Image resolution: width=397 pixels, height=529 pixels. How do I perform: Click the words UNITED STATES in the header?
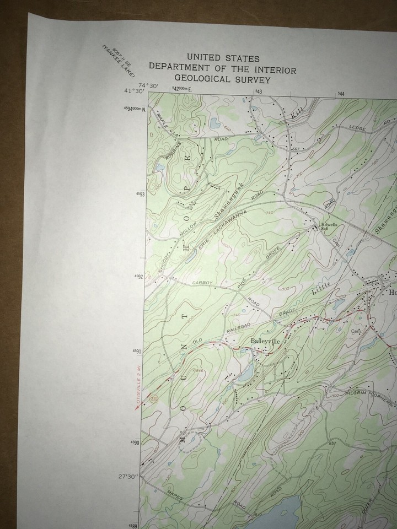coord(223,57)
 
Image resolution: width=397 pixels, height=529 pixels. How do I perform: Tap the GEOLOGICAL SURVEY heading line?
coord(223,79)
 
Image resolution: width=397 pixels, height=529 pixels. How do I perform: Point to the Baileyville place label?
coord(266,341)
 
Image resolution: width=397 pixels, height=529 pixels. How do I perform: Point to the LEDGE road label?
coord(358,127)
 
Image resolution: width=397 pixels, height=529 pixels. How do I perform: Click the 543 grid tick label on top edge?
coord(257,91)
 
